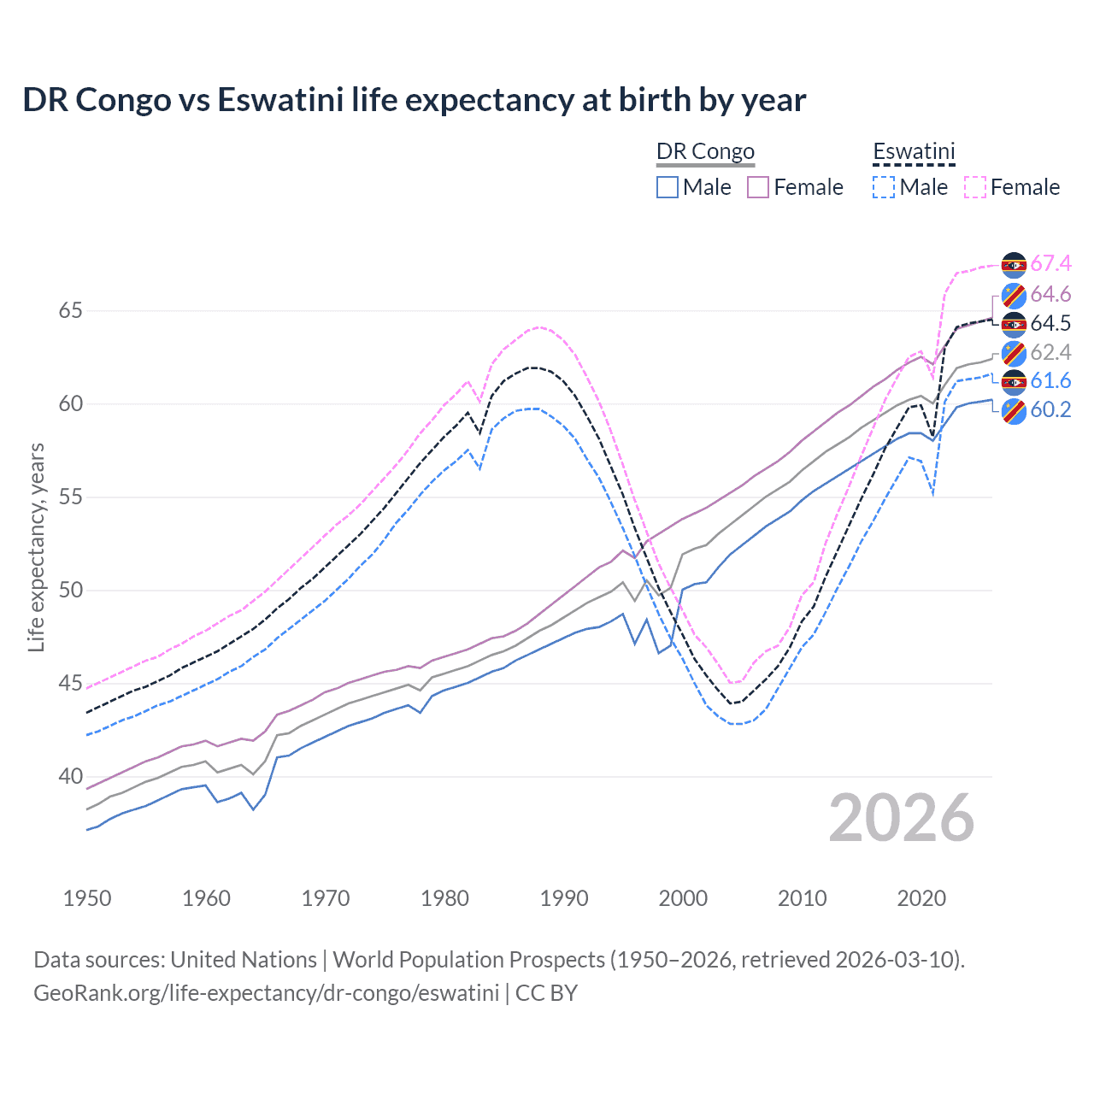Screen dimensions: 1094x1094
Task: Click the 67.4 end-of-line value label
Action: (1050, 263)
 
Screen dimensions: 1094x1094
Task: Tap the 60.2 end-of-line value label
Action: (1050, 409)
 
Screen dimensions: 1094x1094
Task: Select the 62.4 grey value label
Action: (1050, 352)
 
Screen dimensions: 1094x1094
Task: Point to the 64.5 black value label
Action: (1050, 323)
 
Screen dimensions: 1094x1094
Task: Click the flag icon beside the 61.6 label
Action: (1014, 382)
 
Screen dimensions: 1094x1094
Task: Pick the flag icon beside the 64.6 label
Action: (1014, 296)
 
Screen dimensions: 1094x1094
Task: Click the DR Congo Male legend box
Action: (668, 187)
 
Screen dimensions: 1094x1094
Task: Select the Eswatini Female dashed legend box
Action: (975, 187)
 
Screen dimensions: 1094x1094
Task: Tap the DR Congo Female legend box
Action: (758, 187)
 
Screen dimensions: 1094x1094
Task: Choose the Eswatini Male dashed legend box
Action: (884, 187)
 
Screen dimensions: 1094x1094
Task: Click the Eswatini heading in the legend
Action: (914, 152)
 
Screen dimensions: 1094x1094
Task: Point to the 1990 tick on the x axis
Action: (564, 898)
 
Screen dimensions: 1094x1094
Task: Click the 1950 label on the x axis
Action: (87, 898)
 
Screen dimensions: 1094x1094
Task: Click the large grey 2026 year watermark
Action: (902, 818)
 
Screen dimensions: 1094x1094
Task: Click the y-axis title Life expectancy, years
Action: (36, 547)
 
